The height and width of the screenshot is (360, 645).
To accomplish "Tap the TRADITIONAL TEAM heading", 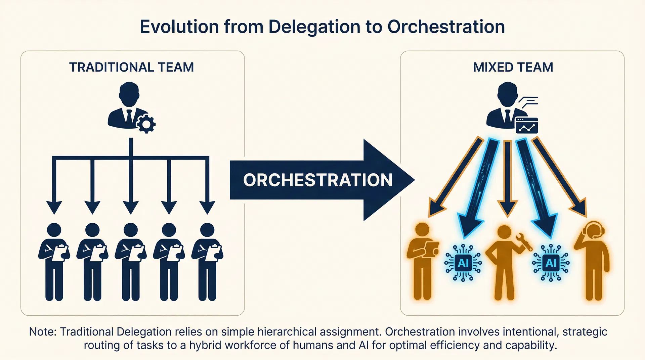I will point(131,67).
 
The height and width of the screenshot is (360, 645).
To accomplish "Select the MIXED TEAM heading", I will point(513,67).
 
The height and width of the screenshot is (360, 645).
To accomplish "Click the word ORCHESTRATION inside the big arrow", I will point(318,180).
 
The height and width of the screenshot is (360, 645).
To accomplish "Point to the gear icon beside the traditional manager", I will point(146,124).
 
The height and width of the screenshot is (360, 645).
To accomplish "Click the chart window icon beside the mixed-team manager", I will point(526,125).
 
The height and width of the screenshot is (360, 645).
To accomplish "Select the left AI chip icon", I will point(463,263).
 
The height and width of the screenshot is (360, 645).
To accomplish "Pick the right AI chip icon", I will point(551,263).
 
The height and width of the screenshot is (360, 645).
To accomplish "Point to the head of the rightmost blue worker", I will point(207,230).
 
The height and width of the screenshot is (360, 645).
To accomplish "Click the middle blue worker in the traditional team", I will point(131,262).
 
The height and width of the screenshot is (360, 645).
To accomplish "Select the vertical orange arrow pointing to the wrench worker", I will point(508,178).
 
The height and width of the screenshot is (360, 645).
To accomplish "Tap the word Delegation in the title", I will point(314,27).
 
